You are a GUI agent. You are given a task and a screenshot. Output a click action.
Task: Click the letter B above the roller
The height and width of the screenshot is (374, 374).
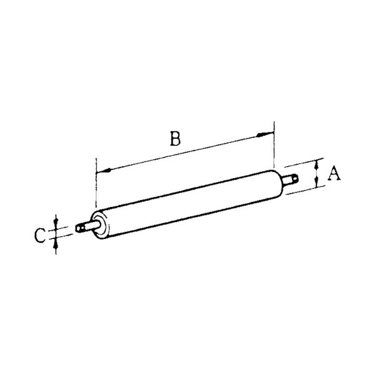pos(175,138)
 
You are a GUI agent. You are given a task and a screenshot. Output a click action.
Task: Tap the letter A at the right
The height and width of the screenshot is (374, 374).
pos(334,173)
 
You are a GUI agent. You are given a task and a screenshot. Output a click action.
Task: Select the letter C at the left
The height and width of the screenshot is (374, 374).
pos(40,235)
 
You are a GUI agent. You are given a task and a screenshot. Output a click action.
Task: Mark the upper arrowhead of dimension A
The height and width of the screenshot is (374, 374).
pos(316,165)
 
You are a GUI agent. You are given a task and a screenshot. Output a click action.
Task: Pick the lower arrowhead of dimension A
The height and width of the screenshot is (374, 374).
pos(316,182)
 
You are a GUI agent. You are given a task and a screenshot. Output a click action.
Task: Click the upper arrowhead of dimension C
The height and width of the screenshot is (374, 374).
pos(56,223)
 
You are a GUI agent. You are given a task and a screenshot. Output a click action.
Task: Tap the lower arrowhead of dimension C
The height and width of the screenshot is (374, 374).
pos(56,246)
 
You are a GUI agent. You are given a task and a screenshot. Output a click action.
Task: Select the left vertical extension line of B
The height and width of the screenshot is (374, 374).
pos(96,183)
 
